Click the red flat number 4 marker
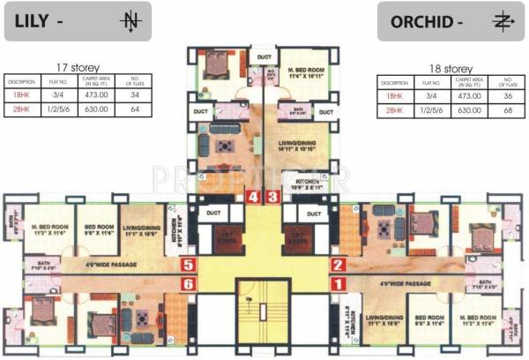tap(255, 198)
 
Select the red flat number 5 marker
tap(188, 264)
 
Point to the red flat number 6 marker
tap(188, 283)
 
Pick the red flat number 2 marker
tap(337, 264)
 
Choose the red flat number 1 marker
tap(337, 284)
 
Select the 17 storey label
tap(78, 67)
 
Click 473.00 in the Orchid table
tap(467, 95)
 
